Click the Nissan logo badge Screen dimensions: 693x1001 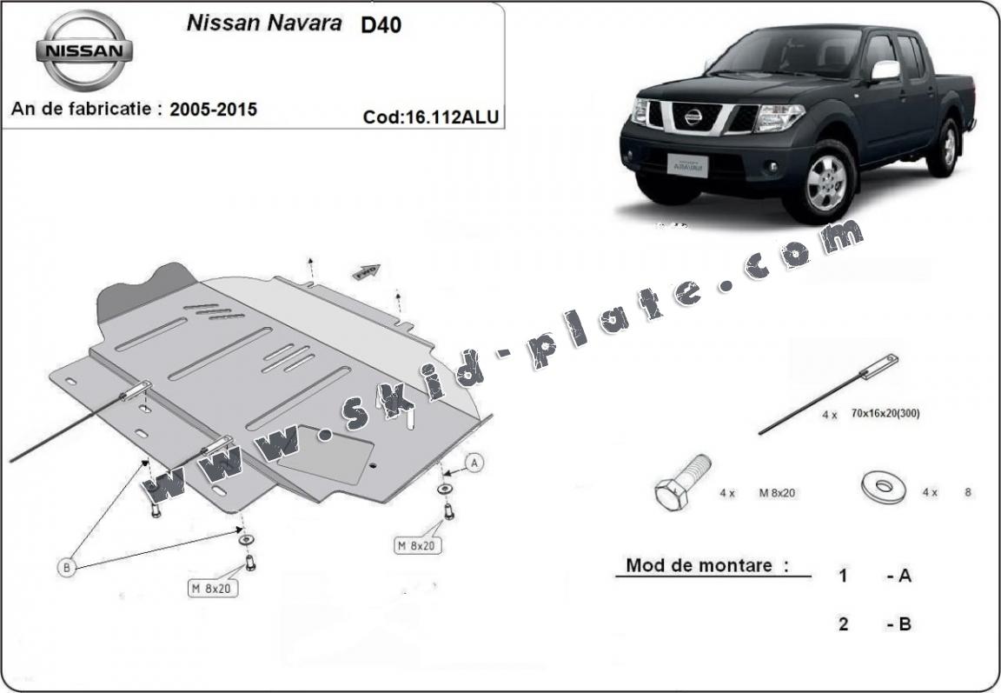pyautogui.click(x=84, y=51)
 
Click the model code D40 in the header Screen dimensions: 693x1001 pyautogui.click(x=381, y=24)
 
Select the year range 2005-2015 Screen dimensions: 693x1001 pyautogui.click(x=213, y=110)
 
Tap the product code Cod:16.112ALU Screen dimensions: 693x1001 pyautogui.click(x=432, y=117)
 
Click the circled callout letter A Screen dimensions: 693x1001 pyautogui.click(x=474, y=463)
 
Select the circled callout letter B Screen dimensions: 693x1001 pyautogui.click(x=67, y=568)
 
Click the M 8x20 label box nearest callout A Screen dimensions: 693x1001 pyautogui.click(x=416, y=545)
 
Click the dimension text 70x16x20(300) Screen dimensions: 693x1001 pyautogui.click(x=885, y=414)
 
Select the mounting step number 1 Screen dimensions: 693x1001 pyautogui.click(x=843, y=576)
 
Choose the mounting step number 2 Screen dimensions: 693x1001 pyautogui.click(x=843, y=623)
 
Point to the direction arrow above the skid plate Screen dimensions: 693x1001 pyautogui.click(x=366, y=271)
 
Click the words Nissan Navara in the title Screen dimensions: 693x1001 pyautogui.click(x=264, y=23)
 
